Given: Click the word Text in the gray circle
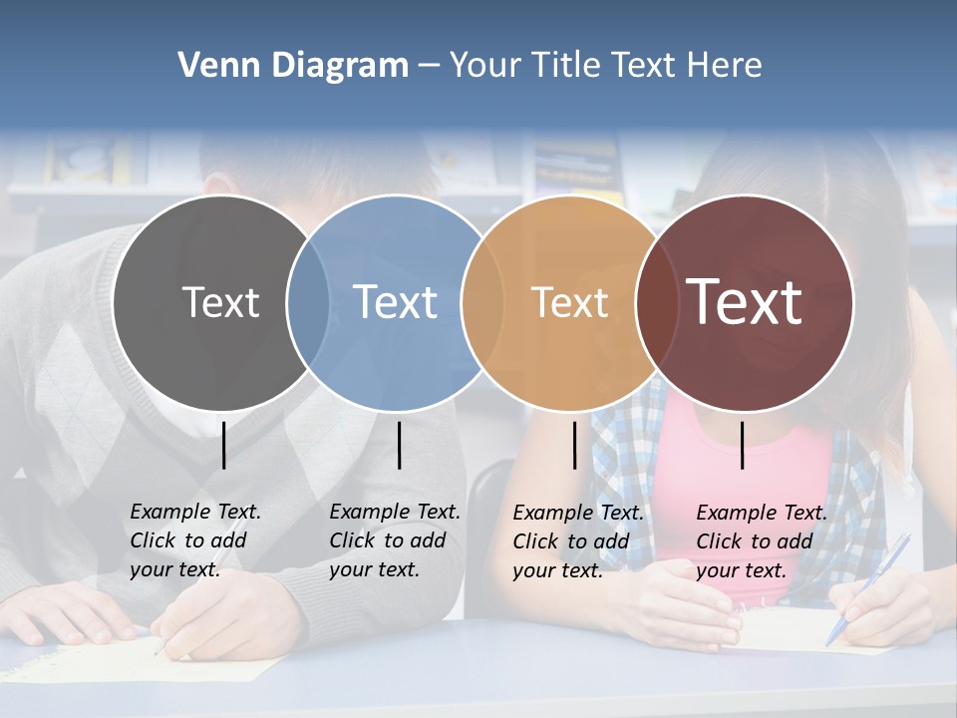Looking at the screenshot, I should [x=220, y=302].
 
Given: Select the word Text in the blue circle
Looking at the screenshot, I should [x=395, y=302].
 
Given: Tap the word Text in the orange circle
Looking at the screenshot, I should [x=569, y=302].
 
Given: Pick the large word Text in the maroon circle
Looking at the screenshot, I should [x=745, y=301].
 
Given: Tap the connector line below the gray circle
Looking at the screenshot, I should [x=224, y=445].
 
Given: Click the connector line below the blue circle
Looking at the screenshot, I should [x=399, y=445].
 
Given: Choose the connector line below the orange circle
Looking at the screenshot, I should [x=574, y=445].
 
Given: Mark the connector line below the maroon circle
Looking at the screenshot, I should [x=742, y=445].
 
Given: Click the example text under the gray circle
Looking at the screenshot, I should [x=194, y=540].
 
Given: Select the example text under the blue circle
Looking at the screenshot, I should [x=394, y=540].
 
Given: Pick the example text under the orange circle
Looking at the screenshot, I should [x=577, y=541].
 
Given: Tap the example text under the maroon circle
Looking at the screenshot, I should [x=761, y=541].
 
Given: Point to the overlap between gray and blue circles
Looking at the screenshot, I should [x=308, y=302].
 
